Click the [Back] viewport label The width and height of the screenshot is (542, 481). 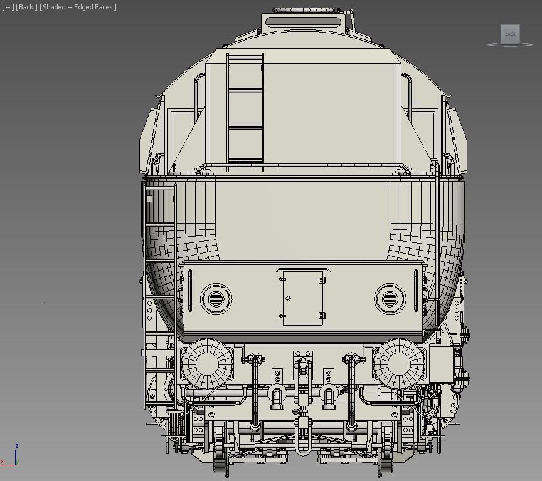[x=26, y=7]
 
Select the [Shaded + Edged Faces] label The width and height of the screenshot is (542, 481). [x=78, y=7]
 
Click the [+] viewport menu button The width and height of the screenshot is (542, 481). [x=8, y=7]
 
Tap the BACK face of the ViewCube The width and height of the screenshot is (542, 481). [x=510, y=34]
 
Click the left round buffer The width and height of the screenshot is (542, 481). [x=206, y=363]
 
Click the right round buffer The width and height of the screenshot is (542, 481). [x=399, y=363]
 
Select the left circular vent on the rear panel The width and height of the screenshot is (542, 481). [x=216, y=299]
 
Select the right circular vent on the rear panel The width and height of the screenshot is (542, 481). [x=390, y=299]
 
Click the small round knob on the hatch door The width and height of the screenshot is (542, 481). [x=288, y=299]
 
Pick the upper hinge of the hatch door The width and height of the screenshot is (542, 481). [x=322, y=280]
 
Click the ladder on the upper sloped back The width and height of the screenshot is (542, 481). [x=245, y=110]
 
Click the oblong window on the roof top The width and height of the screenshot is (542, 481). [x=303, y=22]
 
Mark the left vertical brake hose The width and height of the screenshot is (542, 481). [x=255, y=395]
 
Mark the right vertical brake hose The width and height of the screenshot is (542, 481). [x=351, y=395]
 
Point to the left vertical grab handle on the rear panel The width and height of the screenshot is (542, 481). [x=189, y=291]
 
